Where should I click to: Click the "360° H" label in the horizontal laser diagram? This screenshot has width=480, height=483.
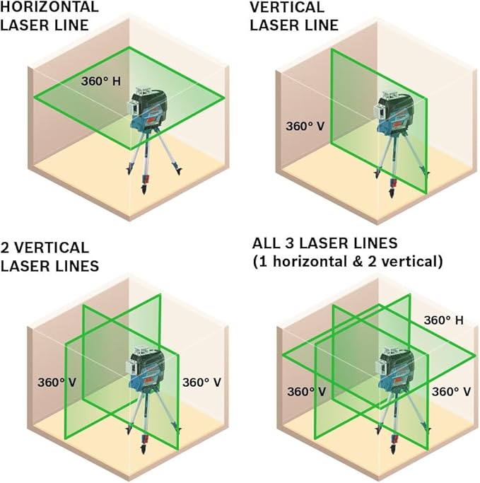(x=102, y=81)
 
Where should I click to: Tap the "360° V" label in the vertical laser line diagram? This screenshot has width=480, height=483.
(x=305, y=127)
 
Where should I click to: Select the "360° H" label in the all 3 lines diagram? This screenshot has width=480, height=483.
(x=443, y=320)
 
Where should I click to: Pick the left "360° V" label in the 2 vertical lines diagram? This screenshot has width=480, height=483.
(x=58, y=383)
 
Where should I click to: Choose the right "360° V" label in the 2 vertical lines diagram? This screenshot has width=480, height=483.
(x=202, y=383)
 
